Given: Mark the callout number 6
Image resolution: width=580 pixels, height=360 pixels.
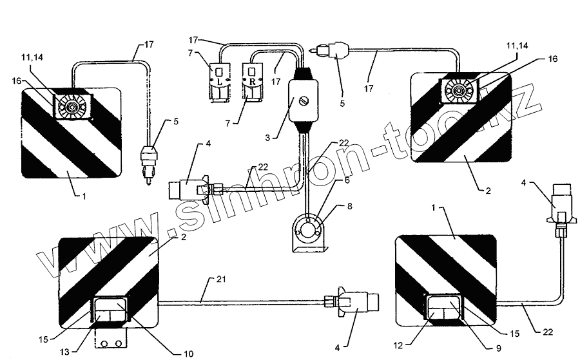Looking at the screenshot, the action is pyautogui.click(x=347, y=182).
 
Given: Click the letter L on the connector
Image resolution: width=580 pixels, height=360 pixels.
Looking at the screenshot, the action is pyautogui.click(x=218, y=83).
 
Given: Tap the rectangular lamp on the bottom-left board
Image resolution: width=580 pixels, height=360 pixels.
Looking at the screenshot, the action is pyautogui.click(x=110, y=312).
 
